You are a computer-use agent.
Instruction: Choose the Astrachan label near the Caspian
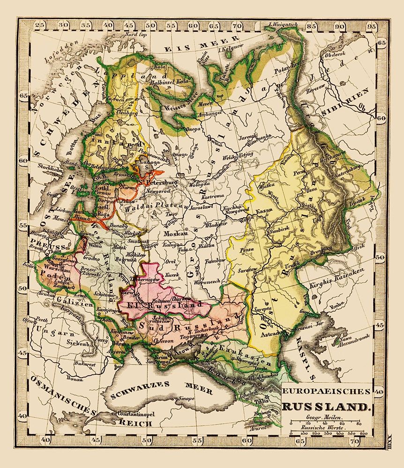point(269,334)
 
